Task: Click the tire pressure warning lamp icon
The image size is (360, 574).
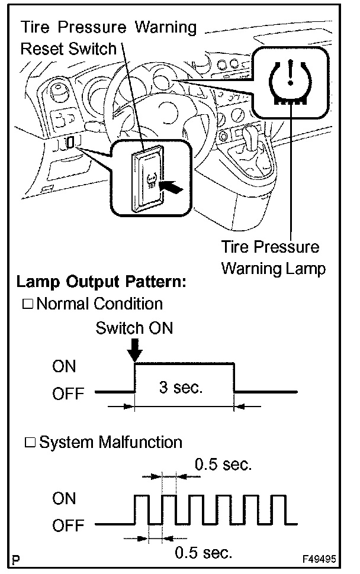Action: (x=290, y=82)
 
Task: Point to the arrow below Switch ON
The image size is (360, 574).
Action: (x=135, y=350)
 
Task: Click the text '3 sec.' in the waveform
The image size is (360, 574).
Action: (x=181, y=387)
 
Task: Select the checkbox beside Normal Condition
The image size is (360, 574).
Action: (x=28, y=304)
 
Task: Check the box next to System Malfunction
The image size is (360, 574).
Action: (x=30, y=442)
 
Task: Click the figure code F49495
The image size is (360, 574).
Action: (x=319, y=559)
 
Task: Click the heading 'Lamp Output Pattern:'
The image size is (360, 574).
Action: (x=101, y=282)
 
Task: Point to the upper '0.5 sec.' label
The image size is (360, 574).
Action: (x=223, y=465)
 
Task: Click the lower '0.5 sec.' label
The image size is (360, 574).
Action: (x=204, y=553)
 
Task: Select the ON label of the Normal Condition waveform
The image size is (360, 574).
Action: (x=64, y=366)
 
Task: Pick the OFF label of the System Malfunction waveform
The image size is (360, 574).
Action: (x=68, y=525)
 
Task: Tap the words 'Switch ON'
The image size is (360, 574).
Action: (x=134, y=328)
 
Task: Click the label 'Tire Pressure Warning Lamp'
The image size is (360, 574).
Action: (x=273, y=257)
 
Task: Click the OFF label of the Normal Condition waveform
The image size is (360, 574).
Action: (x=68, y=394)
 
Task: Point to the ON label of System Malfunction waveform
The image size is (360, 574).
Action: (x=64, y=498)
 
